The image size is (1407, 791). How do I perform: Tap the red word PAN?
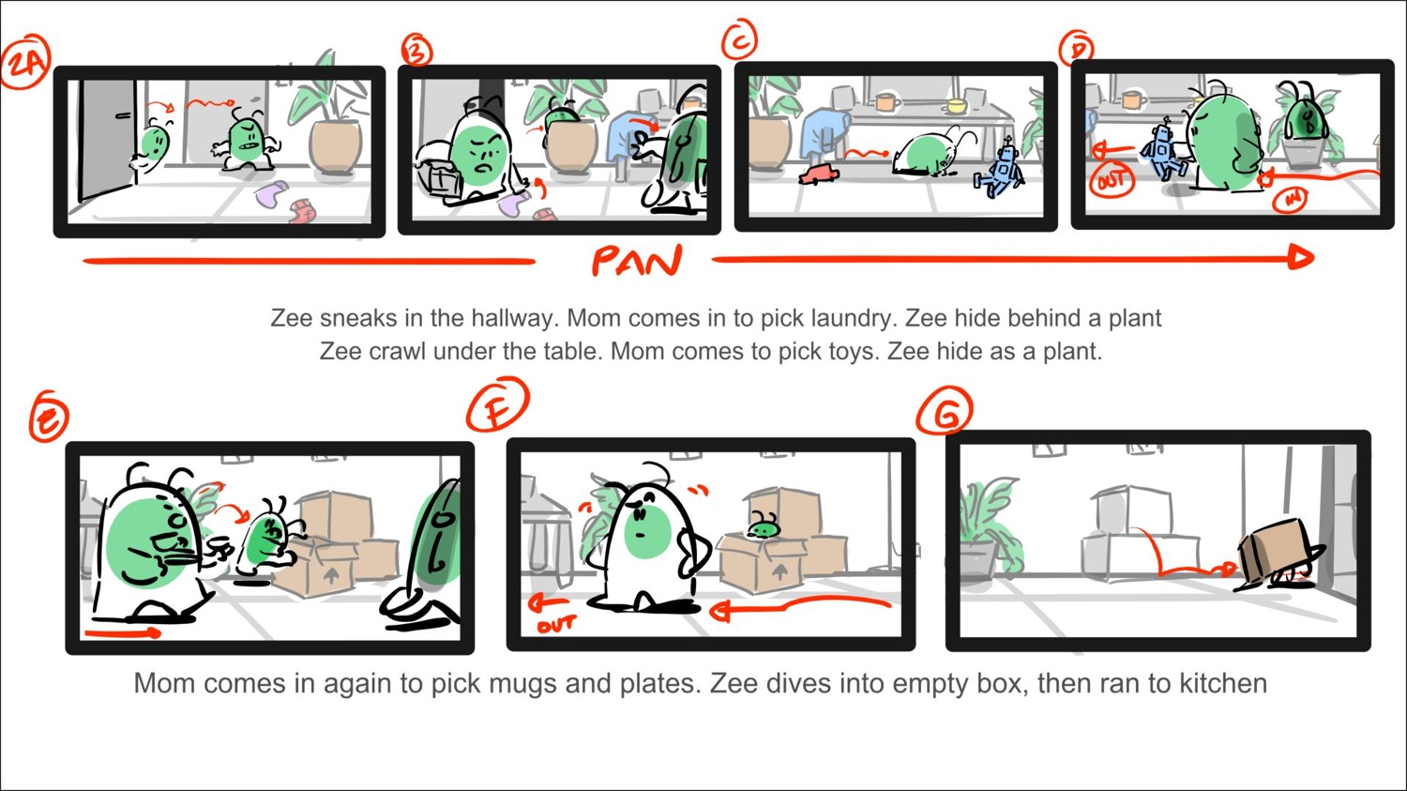[x=636, y=262]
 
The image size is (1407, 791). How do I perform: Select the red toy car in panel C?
[x=818, y=175]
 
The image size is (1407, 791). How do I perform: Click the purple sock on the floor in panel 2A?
[x=271, y=194]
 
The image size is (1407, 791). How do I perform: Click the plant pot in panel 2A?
[x=336, y=148]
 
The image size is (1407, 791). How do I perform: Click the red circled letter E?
[x=48, y=418]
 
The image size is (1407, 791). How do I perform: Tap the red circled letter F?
[x=497, y=405]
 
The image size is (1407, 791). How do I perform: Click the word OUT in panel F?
[x=556, y=624]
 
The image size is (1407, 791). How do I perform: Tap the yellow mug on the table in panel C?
[x=956, y=104]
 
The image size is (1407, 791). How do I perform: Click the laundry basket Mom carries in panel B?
[x=440, y=176]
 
